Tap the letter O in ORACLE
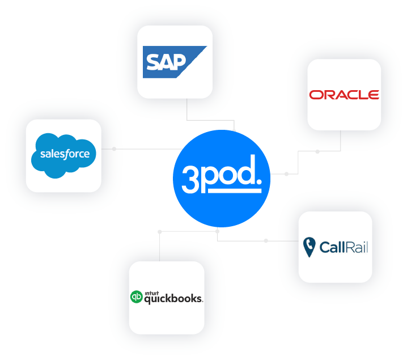click(315, 95)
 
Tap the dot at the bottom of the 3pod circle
click(217, 231)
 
